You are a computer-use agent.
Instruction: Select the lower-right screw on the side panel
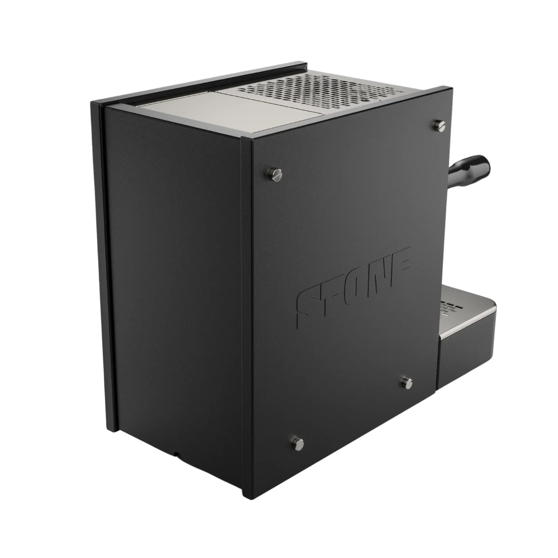point(407,383)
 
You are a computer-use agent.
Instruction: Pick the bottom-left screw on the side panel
point(297,451)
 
